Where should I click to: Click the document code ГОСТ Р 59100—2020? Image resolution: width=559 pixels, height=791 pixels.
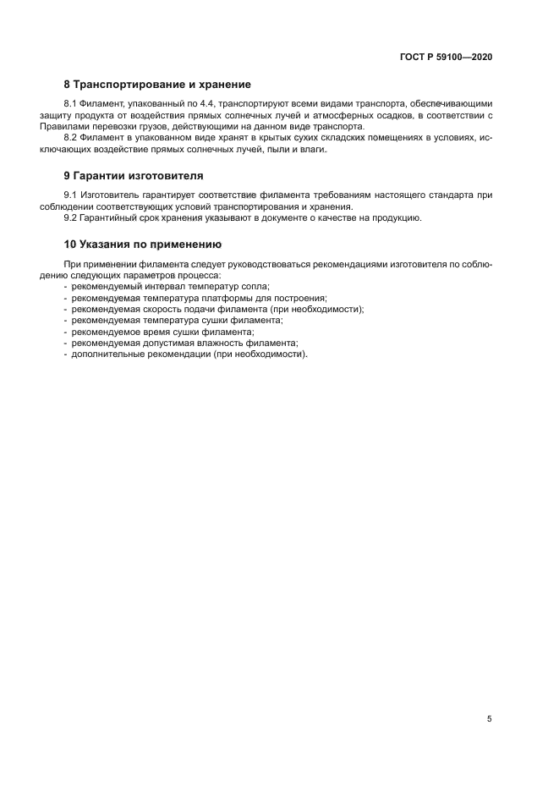pos(446,57)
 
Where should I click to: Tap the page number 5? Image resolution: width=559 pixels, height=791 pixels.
pos(490,719)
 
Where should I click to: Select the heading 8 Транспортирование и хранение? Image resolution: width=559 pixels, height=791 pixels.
pos(157,85)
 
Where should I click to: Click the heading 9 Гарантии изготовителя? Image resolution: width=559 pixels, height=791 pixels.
pos(134,176)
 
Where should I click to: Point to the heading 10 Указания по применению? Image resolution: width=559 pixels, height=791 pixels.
pos(142,244)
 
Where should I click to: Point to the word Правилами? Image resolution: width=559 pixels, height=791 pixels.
pos(85,126)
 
